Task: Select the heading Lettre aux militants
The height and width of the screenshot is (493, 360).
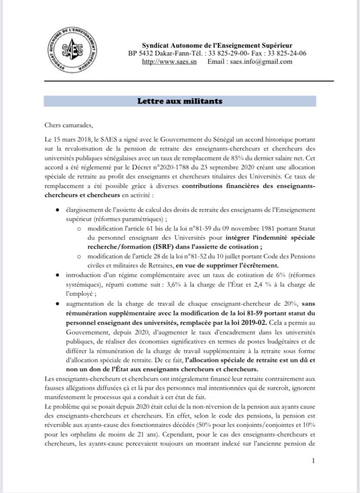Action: click(180, 101)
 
